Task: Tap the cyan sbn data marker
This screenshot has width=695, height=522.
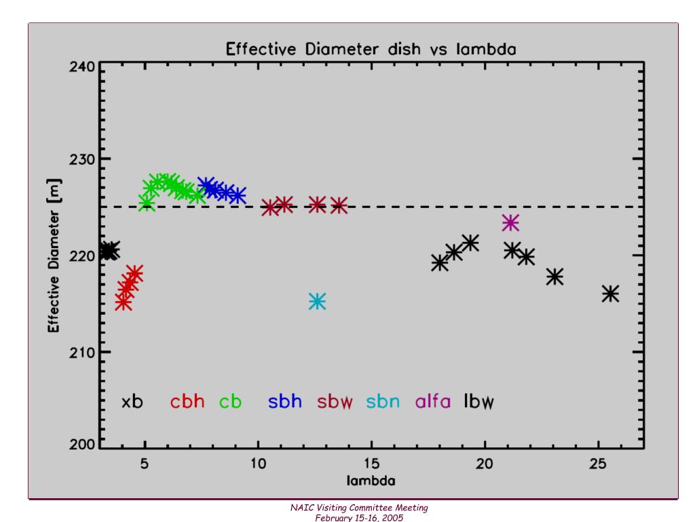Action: point(317,301)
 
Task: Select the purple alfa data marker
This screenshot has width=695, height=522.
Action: point(510,222)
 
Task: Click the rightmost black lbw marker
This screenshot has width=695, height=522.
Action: point(610,293)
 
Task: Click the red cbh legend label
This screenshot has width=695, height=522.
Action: point(187,402)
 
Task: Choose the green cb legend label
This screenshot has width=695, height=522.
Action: point(230,402)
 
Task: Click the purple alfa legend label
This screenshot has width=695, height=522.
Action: point(432,402)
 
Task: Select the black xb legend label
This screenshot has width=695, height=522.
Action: point(132,402)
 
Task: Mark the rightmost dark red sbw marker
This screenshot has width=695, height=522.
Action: point(339,205)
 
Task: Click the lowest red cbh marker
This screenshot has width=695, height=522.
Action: point(123,302)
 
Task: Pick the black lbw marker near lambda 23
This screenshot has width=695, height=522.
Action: point(555,276)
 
